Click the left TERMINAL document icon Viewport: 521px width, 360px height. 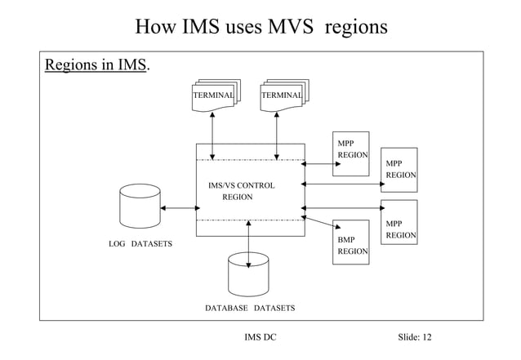pyautogui.click(x=215, y=96)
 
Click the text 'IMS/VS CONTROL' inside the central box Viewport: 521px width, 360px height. pyautogui.click(x=242, y=185)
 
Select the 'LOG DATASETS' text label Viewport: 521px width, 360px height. pyautogui.click(x=140, y=244)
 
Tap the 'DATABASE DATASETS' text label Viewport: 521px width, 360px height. pyautogui.click(x=250, y=309)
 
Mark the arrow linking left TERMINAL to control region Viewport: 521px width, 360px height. pyautogui.click(x=212, y=135)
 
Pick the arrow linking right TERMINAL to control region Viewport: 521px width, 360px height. pyautogui.click(x=278, y=135)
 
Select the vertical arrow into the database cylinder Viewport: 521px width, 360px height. pyautogui.click(x=248, y=243)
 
